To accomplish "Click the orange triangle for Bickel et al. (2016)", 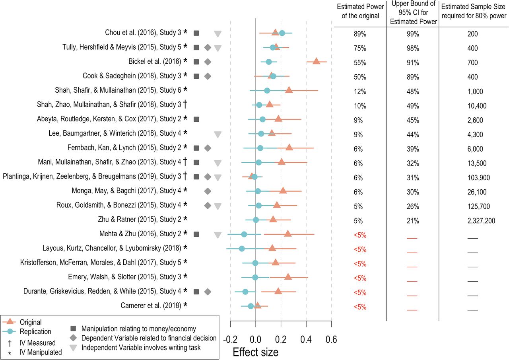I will pyautogui.click(x=316, y=61).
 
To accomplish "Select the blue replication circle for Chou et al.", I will pyautogui.click(x=282, y=33).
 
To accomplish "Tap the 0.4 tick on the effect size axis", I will pyautogui.click(x=306, y=339).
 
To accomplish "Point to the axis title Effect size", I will pyautogui.click(x=255, y=352).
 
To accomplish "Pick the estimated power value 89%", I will pyautogui.click(x=360, y=34).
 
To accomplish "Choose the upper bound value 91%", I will pyautogui.click(x=412, y=63).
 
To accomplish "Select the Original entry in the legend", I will pyautogui.click(x=30, y=322).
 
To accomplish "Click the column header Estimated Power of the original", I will pyautogui.click(x=360, y=11).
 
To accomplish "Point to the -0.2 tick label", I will pyautogui.click(x=229, y=339).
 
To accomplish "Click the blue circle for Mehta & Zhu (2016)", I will pyautogui.click(x=244, y=234).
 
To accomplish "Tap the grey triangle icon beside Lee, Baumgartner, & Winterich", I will pyautogui.click(x=218, y=134).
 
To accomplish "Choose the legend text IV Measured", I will pyautogui.click(x=38, y=342).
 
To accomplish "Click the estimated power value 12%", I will pyautogui.click(x=360, y=91).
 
